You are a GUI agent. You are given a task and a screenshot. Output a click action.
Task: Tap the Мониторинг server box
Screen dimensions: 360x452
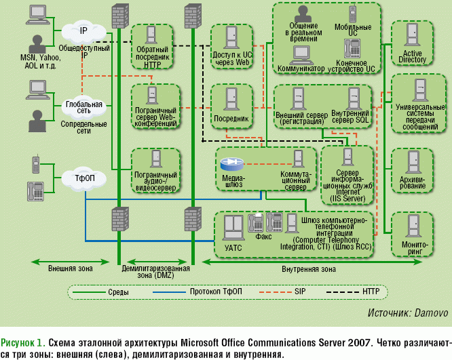(x=413, y=234)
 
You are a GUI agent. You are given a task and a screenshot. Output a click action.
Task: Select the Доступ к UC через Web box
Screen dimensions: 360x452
(x=232, y=46)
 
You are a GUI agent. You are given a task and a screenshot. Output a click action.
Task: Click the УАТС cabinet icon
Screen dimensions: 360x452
(x=232, y=226)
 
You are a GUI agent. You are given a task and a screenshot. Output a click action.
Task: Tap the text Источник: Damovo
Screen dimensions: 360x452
(x=407, y=313)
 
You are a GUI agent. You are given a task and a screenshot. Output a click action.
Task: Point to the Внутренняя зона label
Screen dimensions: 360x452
(x=308, y=269)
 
